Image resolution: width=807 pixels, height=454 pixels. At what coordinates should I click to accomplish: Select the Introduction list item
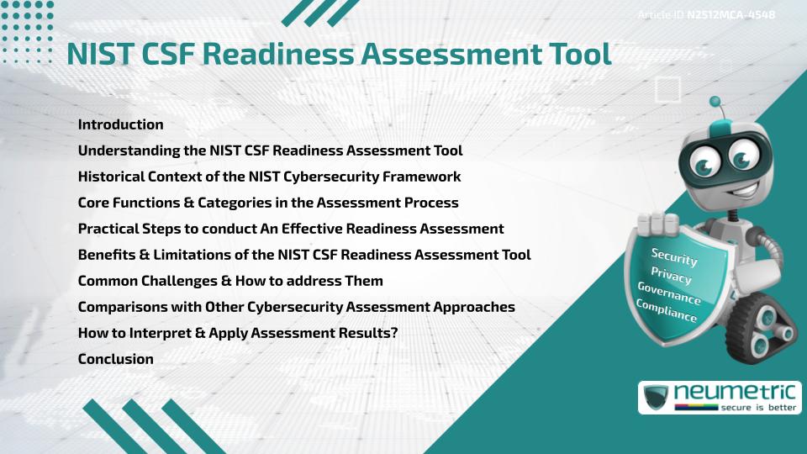(x=120, y=124)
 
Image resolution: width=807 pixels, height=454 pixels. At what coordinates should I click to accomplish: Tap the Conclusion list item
(x=115, y=359)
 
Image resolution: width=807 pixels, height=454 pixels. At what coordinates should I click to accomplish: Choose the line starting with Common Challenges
(x=230, y=281)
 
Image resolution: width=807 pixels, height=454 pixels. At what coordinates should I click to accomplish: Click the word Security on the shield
(x=674, y=256)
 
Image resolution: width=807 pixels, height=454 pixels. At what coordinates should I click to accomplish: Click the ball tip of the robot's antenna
(x=716, y=103)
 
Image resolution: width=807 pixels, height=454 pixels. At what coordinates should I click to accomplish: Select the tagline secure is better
(x=756, y=408)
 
